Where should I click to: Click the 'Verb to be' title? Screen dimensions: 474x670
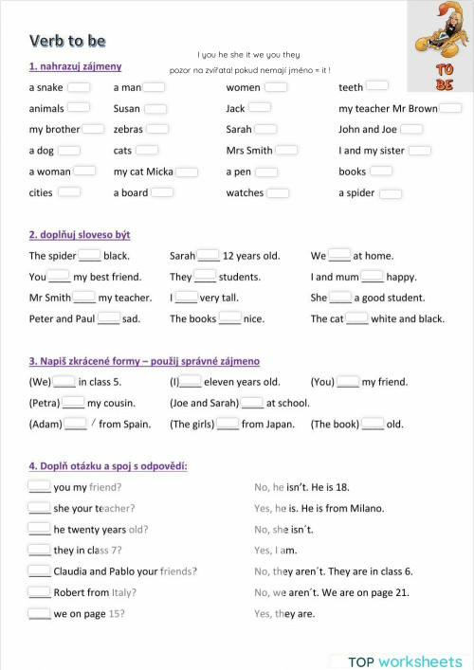67,41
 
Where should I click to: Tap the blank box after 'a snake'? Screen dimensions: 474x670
79,87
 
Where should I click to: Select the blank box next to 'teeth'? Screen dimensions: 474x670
376,87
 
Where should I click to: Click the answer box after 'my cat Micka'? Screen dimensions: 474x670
187,172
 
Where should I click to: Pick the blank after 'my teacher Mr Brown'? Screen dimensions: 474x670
451,108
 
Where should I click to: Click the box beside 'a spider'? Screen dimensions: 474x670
391,193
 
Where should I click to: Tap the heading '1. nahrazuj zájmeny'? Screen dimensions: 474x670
75,66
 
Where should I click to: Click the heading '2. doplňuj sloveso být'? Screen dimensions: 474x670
80,234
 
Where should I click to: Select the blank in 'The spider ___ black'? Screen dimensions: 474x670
90,255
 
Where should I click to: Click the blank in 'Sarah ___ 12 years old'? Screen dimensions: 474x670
209,255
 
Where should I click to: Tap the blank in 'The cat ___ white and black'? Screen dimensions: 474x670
356,318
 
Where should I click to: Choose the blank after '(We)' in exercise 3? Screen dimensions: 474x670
64,382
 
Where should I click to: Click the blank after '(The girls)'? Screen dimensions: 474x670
228,424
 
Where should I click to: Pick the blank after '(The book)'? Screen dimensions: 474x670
373,424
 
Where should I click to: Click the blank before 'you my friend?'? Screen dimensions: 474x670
39,487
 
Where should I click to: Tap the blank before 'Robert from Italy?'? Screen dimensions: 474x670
39,592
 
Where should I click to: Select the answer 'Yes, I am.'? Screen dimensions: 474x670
276,551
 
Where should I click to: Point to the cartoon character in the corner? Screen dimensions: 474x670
440,33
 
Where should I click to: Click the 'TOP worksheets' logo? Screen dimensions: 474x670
405,661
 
